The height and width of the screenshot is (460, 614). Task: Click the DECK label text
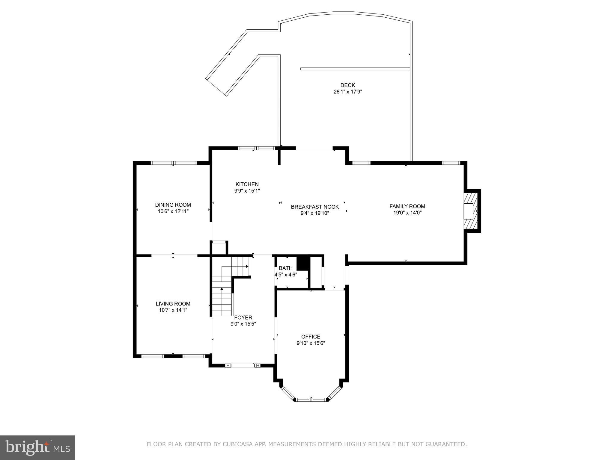(347, 85)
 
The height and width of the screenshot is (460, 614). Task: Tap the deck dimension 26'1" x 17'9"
(348, 92)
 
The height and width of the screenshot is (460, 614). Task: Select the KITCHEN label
(247, 184)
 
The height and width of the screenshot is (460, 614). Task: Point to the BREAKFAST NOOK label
(315, 207)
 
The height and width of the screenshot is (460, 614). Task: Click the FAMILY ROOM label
(407, 206)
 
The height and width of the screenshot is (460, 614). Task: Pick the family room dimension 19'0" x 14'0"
(407, 213)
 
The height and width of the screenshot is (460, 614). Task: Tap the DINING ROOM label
(173, 205)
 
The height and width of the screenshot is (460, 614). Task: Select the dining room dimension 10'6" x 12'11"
(173, 211)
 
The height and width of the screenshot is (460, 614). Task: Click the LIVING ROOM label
(173, 304)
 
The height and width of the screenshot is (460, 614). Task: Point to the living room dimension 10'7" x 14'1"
(173, 310)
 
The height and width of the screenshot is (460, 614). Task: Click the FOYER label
(243, 317)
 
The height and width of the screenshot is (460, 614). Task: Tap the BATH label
(285, 268)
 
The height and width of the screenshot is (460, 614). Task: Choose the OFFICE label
(311, 337)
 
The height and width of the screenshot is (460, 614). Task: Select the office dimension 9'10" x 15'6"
(311, 343)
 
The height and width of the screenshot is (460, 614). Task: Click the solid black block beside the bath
(303, 263)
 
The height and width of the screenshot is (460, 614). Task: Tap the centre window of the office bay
(311, 399)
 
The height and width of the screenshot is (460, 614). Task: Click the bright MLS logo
(37, 447)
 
